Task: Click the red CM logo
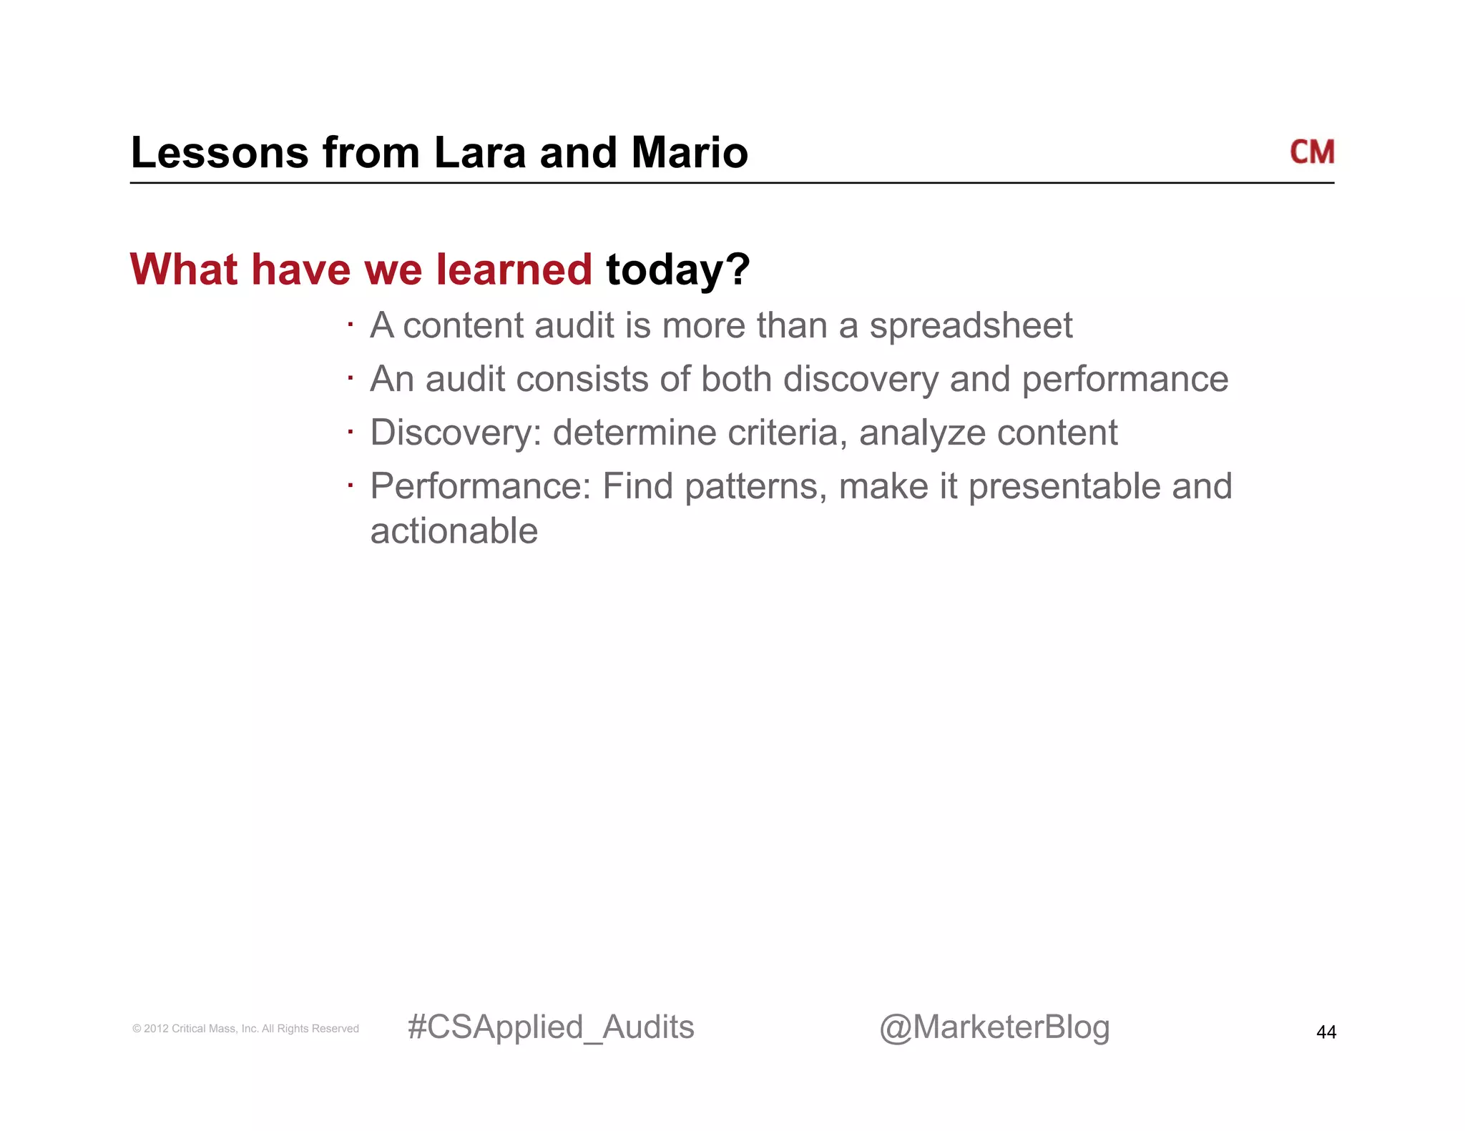click(x=1311, y=152)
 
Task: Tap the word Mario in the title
click(x=690, y=153)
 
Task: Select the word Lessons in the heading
click(x=220, y=153)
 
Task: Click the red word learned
click(x=514, y=270)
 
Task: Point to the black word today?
click(x=677, y=270)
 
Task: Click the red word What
click(x=183, y=270)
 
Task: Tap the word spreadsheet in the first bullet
click(x=971, y=326)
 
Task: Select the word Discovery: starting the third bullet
click(x=455, y=433)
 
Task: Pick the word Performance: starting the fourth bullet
click(x=480, y=487)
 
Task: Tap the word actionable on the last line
click(x=454, y=531)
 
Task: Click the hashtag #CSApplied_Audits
click(x=550, y=1027)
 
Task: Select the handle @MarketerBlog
click(x=994, y=1027)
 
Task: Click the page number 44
click(x=1326, y=1032)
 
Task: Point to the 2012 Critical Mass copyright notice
click(x=245, y=1029)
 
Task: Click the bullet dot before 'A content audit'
click(x=351, y=325)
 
